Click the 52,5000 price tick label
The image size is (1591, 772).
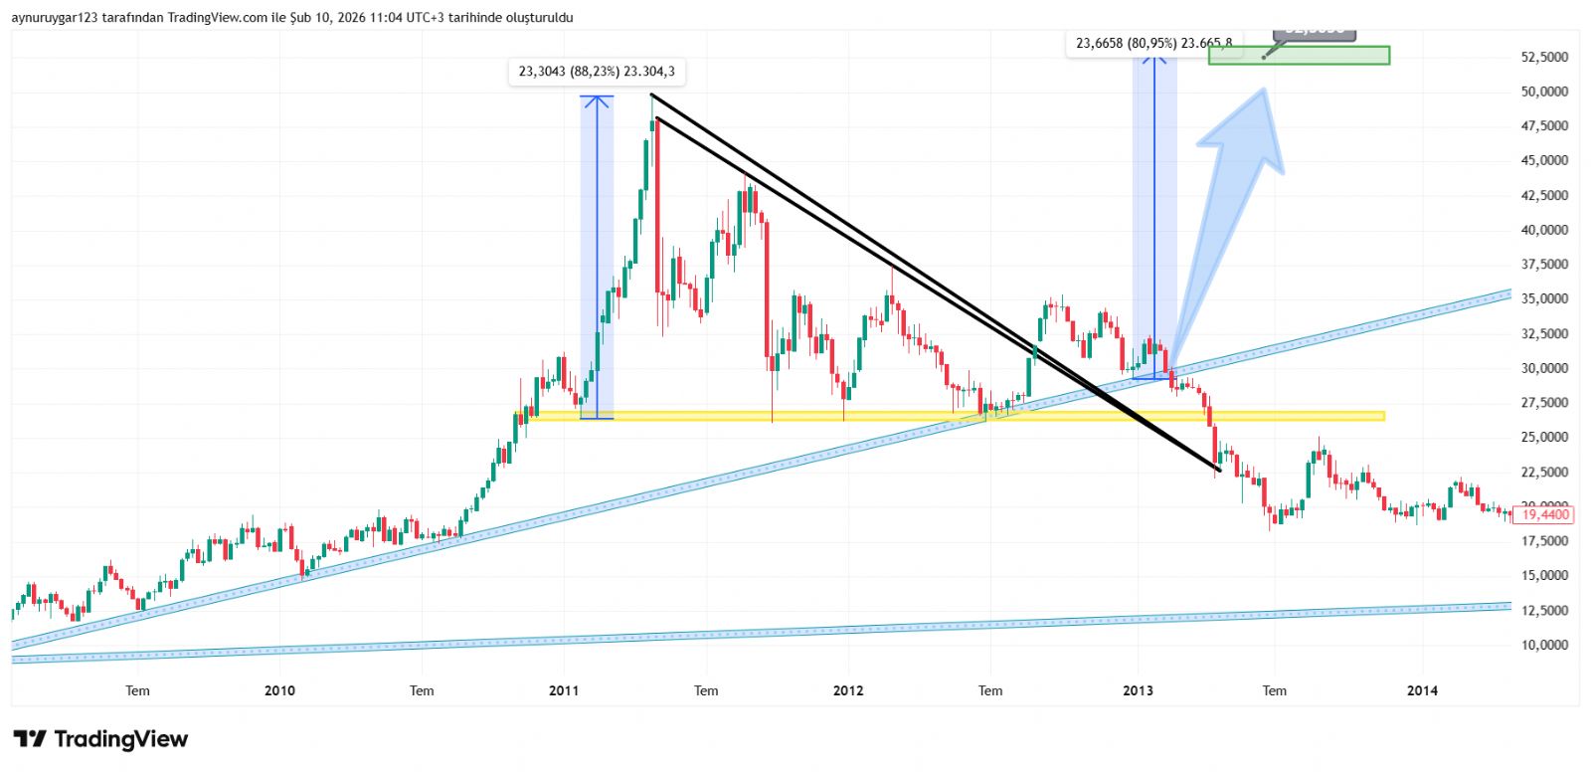(x=1544, y=57)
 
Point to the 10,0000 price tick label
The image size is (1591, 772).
(x=1544, y=645)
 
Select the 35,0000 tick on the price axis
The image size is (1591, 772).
(x=1544, y=298)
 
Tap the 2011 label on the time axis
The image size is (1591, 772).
(x=564, y=690)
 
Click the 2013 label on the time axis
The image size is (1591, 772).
(x=1138, y=690)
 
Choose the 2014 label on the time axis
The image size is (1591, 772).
(x=1422, y=690)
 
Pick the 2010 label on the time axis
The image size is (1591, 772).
(x=279, y=690)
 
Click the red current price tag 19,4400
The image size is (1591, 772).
(x=1544, y=514)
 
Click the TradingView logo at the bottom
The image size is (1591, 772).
(x=100, y=739)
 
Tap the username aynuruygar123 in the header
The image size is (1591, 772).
(x=55, y=18)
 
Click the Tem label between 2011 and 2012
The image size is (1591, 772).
(x=706, y=690)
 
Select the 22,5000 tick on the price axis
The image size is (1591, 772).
(x=1544, y=472)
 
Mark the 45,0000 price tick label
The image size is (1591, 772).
(x=1544, y=160)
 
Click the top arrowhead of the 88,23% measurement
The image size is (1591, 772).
(x=597, y=98)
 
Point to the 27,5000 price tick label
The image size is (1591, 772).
(x=1544, y=403)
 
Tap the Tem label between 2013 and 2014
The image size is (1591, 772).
(x=1274, y=690)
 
